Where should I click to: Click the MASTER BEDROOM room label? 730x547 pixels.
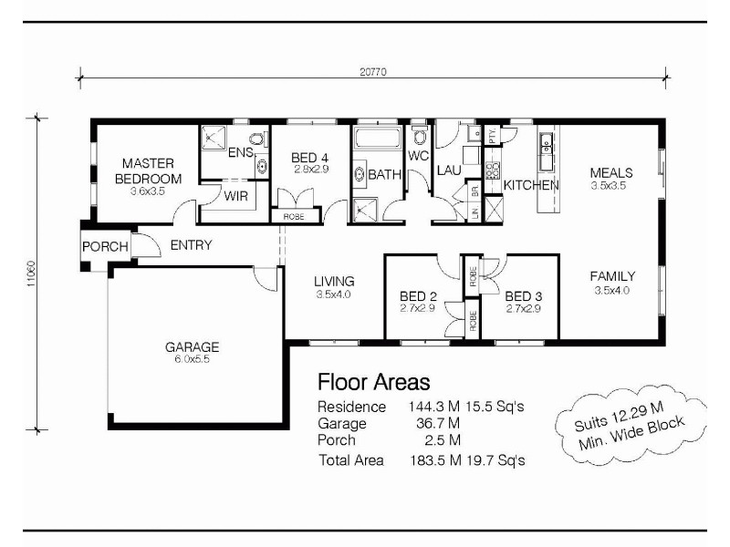click(x=148, y=171)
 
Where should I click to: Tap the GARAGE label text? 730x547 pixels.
click(x=192, y=346)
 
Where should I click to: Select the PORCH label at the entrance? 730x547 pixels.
click(x=105, y=247)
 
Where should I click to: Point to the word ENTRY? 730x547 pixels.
click(x=191, y=245)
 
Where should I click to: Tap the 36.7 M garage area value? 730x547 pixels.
click(x=434, y=424)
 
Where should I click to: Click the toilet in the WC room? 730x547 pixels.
click(x=419, y=137)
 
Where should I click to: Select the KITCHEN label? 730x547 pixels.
click(x=531, y=185)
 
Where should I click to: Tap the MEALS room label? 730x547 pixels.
click(x=611, y=172)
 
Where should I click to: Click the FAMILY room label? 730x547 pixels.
click(x=612, y=276)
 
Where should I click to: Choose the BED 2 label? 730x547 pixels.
click(x=420, y=296)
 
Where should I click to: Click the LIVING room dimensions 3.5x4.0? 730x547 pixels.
click(x=333, y=294)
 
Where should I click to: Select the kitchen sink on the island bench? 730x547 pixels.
click(x=547, y=143)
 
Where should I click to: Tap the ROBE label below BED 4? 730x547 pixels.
click(x=294, y=217)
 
